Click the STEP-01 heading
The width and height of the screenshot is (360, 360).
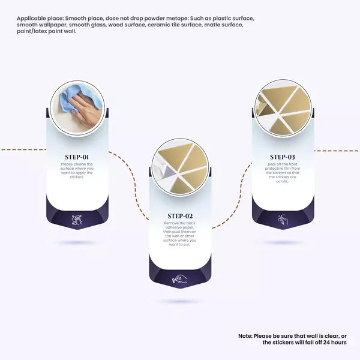click(x=77, y=157)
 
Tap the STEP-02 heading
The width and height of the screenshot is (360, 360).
click(x=180, y=216)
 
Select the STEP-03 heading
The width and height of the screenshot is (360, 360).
click(x=283, y=157)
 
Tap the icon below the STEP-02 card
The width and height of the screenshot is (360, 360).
click(x=180, y=279)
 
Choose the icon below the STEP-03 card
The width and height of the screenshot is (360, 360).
click(x=283, y=220)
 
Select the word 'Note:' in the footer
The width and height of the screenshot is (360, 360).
click(x=245, y=336)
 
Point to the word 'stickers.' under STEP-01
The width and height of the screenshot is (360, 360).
click(x=77, y=177)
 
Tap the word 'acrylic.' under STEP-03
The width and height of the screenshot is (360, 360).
click(x=283, y=181)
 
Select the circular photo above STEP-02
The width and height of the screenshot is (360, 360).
click(x=181, y=167)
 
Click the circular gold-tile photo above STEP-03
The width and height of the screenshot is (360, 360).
click(x=283, y=109)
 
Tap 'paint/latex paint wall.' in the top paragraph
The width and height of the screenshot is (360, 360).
click(x=46, y=31)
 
